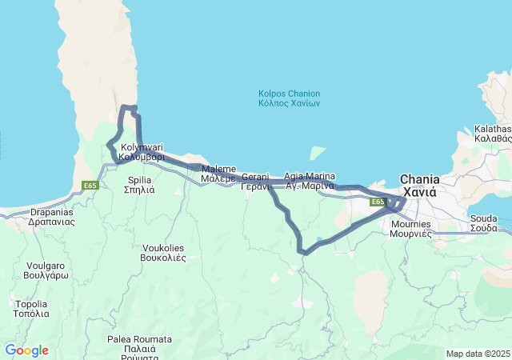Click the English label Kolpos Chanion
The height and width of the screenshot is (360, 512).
click(289, 94)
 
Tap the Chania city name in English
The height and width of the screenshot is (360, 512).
click(419, 180)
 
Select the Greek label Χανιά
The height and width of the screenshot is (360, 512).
click(419, 193)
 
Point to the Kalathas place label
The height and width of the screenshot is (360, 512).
click(492, 129)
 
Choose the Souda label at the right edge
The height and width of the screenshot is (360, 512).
click(483, 218)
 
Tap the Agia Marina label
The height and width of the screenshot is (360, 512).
click(309, 176)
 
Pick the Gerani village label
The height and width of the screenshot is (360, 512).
click(254, 176)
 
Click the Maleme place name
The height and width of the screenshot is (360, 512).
click(218, 169)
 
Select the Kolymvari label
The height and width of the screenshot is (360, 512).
click(142, 147)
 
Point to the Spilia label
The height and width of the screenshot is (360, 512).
click(140, 180)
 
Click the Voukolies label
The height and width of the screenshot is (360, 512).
click(163, 247)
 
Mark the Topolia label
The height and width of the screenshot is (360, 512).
click(31, 304)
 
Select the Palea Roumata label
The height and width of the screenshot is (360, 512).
click(139, 339)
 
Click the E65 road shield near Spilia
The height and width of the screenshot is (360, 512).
click(90, 186)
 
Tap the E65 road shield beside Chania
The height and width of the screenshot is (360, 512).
click(378, 202)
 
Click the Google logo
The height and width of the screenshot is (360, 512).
click(26, 350)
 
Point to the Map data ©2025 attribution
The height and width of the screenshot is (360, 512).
click(478, 354)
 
